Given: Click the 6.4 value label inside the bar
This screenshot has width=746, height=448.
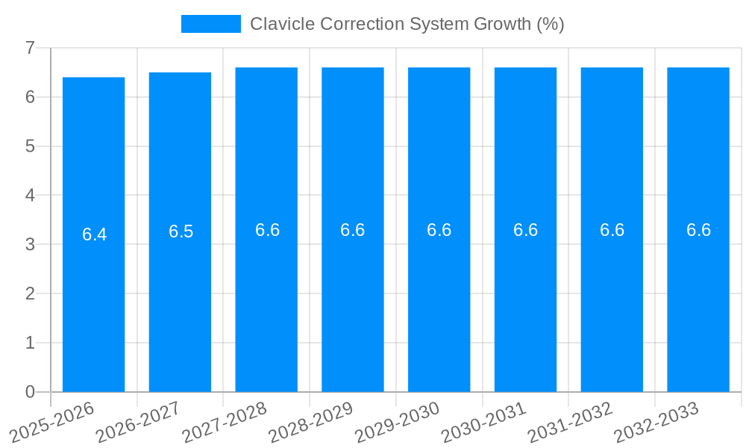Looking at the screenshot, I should [x=94, y=234].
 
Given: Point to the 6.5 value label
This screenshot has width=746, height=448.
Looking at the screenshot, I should [x=181, y=231].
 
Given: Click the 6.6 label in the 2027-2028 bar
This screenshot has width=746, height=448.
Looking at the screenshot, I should [x=267, y=230].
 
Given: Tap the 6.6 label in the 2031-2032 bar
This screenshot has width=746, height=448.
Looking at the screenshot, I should [x=612, y=230].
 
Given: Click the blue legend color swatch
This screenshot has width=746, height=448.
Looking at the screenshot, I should [x=211, y=24].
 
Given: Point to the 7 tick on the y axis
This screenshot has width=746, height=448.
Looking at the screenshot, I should [x=30, y=48].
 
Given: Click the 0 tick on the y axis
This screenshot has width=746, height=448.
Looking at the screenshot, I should [x=30, y=392].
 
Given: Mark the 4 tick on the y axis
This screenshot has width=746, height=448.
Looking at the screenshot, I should [x=30, y=195].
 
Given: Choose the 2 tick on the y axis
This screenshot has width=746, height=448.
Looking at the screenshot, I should [x=30, y=293].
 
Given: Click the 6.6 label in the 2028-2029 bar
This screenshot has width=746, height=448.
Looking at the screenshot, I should [x=352, y=230].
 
